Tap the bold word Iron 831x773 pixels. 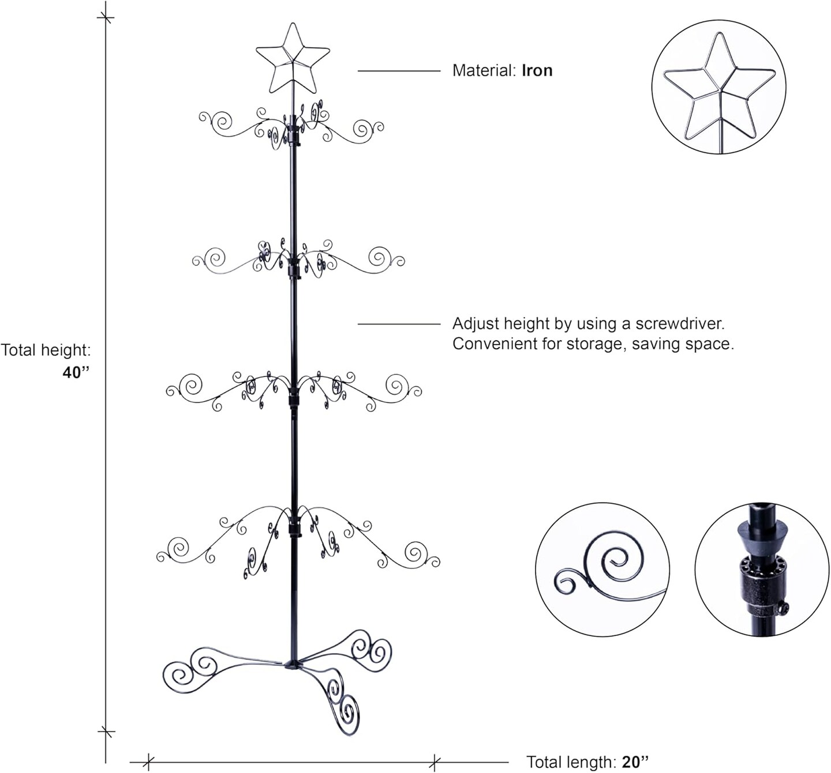pos(537,71)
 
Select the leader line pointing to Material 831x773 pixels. pos(399,71)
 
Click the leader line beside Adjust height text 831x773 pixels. pos(399,324)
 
